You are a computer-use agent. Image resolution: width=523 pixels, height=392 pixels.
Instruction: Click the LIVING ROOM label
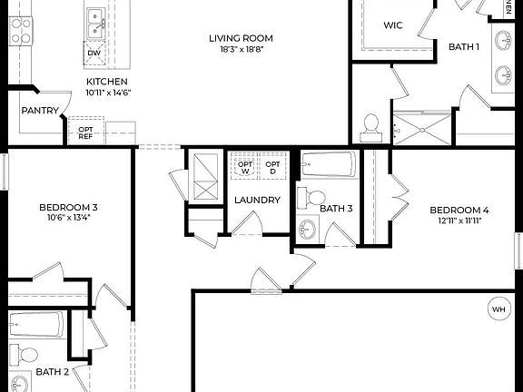(x=240, y=38)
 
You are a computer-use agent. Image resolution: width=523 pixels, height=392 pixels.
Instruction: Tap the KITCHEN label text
(x=106, y=81)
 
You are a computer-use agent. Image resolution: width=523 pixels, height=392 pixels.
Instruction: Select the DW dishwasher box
(x=94, y=54)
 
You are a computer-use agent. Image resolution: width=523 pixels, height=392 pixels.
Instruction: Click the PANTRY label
(x=40, y=111)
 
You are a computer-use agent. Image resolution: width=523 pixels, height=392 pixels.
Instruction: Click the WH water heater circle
(x=498, y=308)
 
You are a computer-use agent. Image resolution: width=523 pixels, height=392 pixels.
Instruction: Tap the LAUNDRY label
(x=257, y=200)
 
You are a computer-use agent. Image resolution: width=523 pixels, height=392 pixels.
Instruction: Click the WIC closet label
(x=394, y=26)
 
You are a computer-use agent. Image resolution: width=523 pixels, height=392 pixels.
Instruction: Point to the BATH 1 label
(x=464, y=46)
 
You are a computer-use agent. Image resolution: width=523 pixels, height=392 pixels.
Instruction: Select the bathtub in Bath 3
(x=329, y=165)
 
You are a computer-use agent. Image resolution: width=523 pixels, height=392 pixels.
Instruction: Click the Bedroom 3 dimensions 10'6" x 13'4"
(x=67, y=219)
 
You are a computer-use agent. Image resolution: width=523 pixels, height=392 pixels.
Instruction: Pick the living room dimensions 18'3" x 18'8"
(x=240, y=51)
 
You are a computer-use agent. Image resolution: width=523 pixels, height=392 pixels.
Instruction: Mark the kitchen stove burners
(x=20, y=32)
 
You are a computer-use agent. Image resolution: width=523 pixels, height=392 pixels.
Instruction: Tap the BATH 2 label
(x=52, y=372)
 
